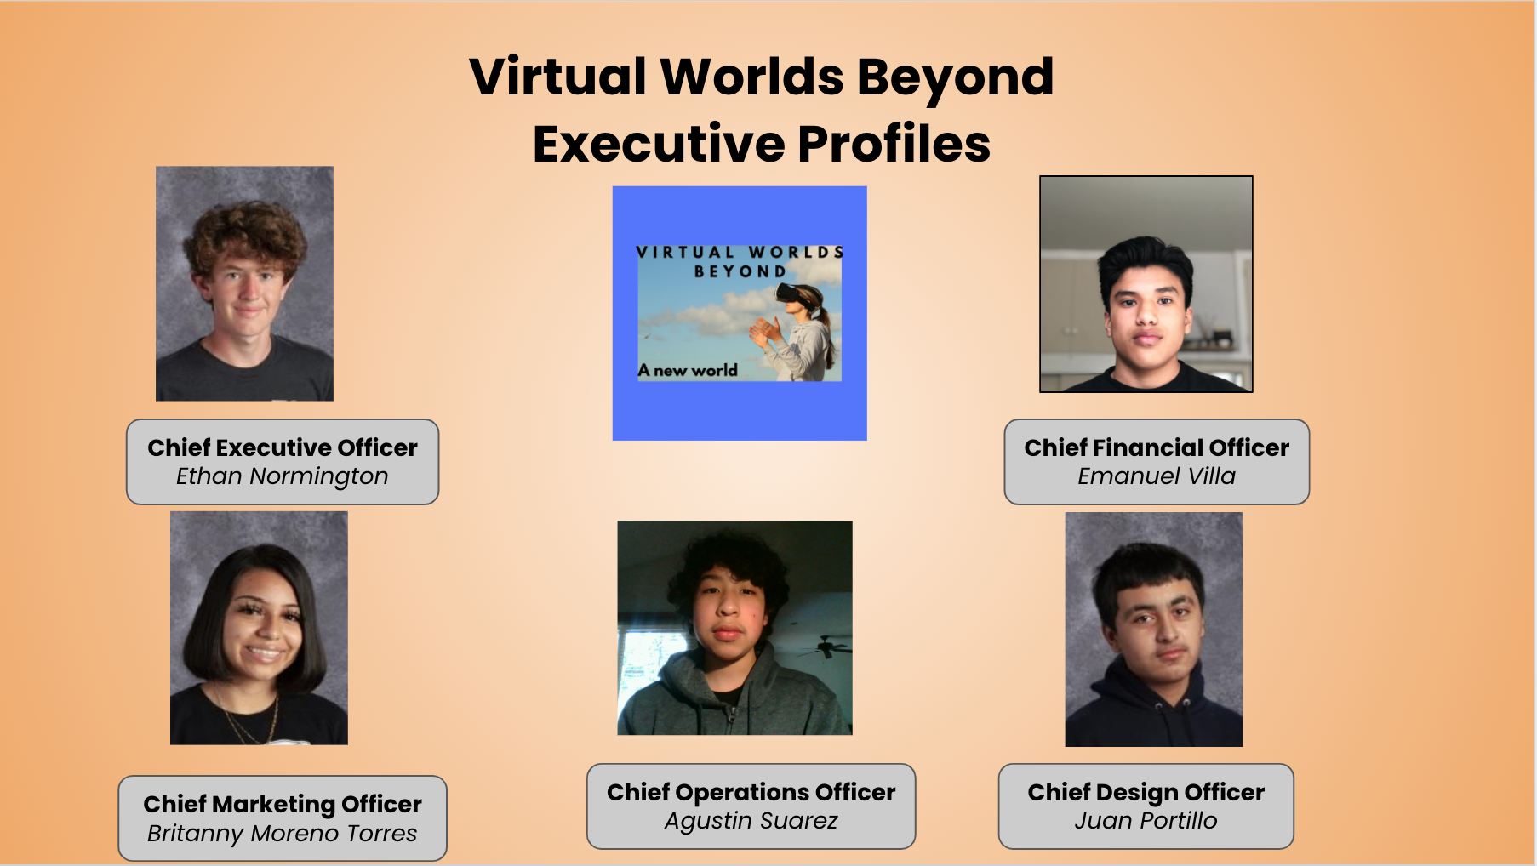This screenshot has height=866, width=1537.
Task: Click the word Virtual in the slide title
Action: (558, 77)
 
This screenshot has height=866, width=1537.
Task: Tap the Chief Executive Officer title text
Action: (283, 447)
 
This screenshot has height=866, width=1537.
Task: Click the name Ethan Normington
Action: (283, 476)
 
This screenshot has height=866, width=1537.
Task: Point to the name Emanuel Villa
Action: (1157, 476)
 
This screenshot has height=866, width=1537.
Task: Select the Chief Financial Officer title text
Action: (1157, 447)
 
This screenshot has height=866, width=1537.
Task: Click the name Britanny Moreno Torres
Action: (283, 834)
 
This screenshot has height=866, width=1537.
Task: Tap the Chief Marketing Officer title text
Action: (283, 804)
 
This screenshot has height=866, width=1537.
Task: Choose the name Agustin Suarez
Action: (751, 821)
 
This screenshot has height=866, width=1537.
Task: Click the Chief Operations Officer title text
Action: (751, 792)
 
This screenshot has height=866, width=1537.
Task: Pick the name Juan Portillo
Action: (1146, 821)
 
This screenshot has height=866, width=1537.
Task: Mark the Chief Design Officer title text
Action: (1146, 792)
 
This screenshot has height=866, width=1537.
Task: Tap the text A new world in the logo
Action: (688, 370)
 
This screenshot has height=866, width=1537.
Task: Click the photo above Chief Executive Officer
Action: (244, 283)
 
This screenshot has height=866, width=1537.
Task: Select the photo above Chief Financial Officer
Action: (1146, 284)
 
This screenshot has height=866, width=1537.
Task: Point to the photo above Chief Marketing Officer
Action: (259, 628)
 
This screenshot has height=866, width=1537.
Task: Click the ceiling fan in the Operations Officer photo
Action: (824, 647)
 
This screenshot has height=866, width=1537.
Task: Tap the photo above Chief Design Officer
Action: (1154, 630)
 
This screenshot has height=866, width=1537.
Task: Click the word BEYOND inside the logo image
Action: (740, 271)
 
